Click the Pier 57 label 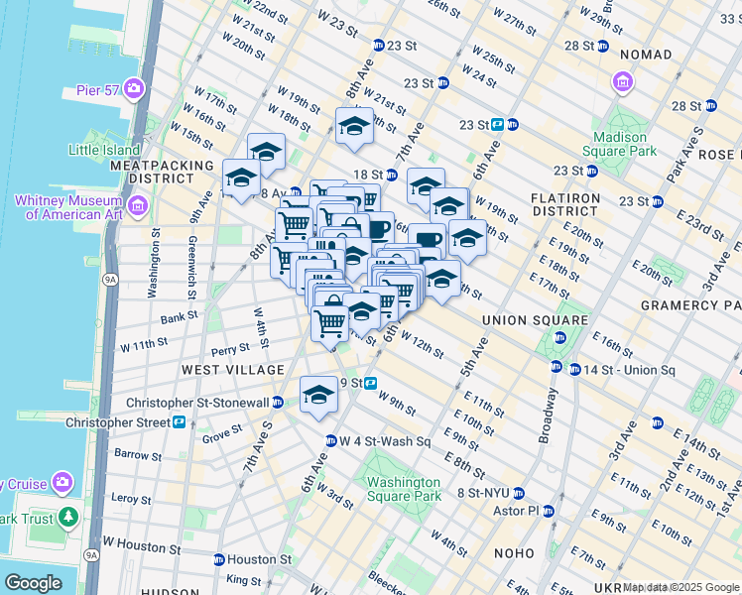click(x=97, y=90)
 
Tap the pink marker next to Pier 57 click(x=135, y=90)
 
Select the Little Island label click(x=102, y=150)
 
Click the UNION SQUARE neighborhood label click(x=536, y=321)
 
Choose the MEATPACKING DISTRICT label click(x=163, y=172)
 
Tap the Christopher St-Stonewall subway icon click(x=279, y=403)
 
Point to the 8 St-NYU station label click(x=483, y=493)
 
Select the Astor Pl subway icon click(x=549, y=511)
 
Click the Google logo click(x=33, y=583)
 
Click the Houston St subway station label click(x=259, y=559)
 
